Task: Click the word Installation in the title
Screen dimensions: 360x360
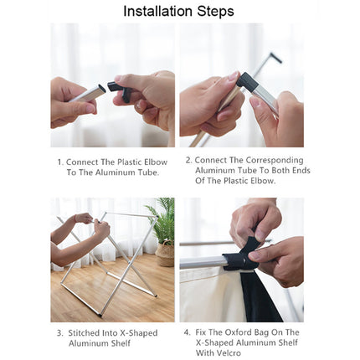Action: (158, 11)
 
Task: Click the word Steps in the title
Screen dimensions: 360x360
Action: (215, 12)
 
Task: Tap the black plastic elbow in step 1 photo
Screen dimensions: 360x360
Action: (119, 90)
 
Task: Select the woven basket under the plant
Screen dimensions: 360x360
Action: (165, 253)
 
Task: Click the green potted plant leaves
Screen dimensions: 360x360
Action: (162, 220)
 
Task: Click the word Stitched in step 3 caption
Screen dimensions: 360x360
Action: (84, 333)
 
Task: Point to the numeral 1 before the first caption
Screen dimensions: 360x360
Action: (59, 162)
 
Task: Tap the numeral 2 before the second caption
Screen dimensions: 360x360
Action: (188, 160)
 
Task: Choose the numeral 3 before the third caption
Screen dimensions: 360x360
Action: (59, 333)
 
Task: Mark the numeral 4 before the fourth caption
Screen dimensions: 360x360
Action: (187, 332)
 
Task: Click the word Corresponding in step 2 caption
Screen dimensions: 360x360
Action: (275, 161)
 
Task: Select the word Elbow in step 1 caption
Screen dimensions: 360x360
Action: (156, 162)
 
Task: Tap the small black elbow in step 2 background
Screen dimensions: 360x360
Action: (276, 57)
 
